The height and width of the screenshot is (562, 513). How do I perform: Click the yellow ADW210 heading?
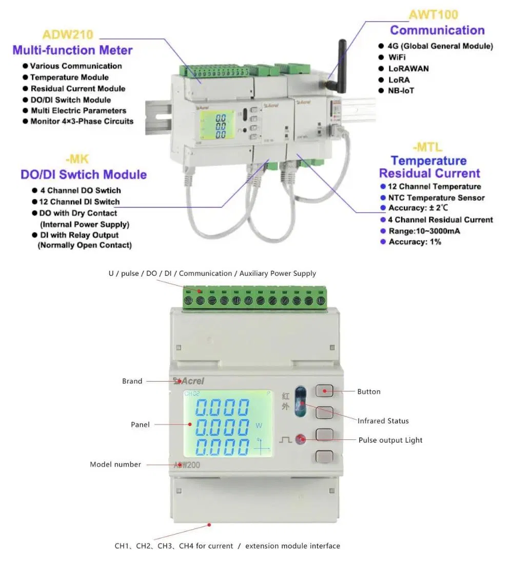[x=68, y=35]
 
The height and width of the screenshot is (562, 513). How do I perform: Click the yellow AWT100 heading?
[x=433, y=14]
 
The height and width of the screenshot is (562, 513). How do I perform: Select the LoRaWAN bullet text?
[x=408, y=68]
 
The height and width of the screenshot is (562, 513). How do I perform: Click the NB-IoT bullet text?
[x=401, y=91]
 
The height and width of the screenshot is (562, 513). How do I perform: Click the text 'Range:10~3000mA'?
[x=424, y=231]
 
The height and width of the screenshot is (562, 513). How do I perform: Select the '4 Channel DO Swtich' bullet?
[x=81, y=190]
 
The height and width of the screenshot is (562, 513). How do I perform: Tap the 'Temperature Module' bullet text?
[x=69, y=77]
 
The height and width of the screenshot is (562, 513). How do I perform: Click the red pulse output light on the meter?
[x=301, y=439]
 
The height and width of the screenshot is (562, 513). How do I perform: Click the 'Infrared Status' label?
[x=383, y=421]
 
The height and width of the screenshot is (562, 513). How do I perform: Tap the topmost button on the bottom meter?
[x=325, y=391]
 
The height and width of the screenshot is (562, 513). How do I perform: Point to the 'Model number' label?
[x=115, y=465]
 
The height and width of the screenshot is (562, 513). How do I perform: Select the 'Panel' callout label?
[x=140, y=425]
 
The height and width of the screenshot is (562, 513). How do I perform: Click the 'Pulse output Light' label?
[x=390, y=440]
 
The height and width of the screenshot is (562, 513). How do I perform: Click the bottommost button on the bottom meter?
[x=325, y=456]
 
